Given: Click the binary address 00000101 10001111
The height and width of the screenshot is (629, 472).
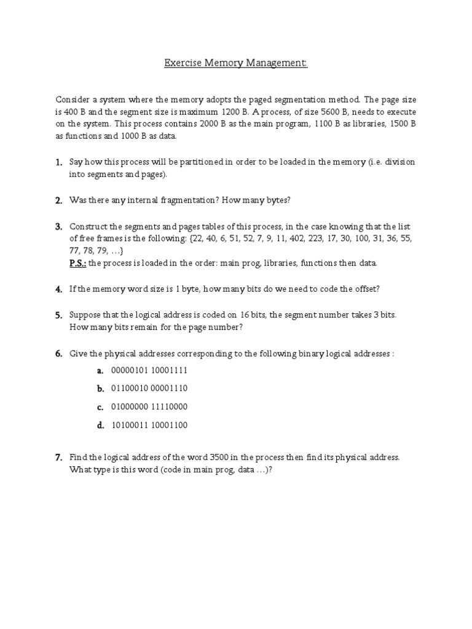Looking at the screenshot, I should pyautogui.click(x=149, y=370).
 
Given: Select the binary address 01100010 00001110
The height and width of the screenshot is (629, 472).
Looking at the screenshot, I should pyautogui.click(x=149, y=388).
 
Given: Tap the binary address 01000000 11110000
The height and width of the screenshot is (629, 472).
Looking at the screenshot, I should pyautogui.click(x=149, y=407).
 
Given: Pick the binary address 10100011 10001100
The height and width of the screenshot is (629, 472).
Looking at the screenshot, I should pyautogui.click(x=149, y=425).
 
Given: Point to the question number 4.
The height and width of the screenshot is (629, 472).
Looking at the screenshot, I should pyautogui.click(x=58, y=289).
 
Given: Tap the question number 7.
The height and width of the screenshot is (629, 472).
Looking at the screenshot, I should pyautogui.click(x=58, y=458).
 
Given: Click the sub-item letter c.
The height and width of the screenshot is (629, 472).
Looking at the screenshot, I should pyautogui.click(x=99, y=407).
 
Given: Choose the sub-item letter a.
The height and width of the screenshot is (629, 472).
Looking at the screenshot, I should pyautogui.click(x=99, y=370).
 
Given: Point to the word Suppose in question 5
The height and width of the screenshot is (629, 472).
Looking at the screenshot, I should pyautogui.click(x=85, y=315).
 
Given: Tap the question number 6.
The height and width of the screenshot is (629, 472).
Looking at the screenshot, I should pyautogui.click(x=58, y=354).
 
